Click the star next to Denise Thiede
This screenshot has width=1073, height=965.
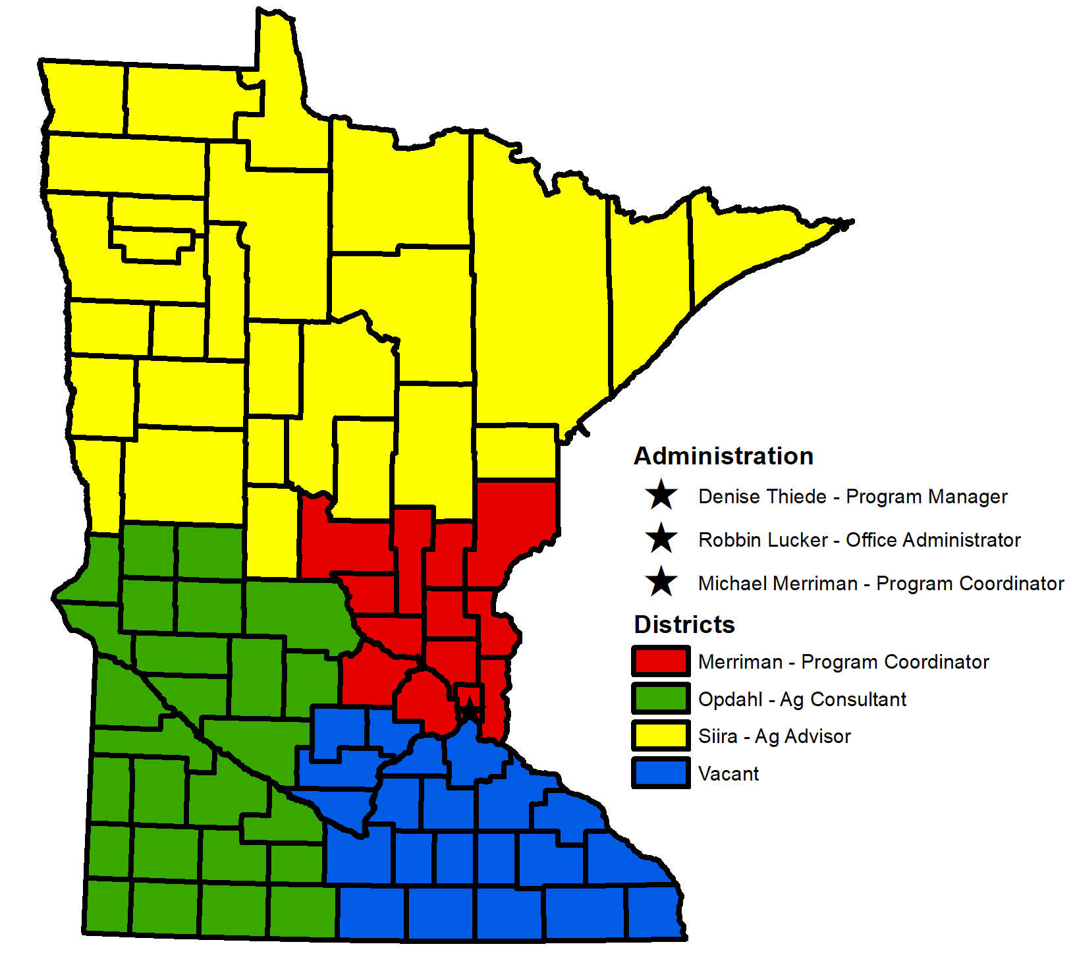(661, 495)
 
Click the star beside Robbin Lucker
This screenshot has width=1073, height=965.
(661, 539)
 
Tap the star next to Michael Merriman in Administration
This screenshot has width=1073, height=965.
(661, 582)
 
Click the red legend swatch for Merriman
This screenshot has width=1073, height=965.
(661, 661)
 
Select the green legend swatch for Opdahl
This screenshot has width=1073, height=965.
(661, 698)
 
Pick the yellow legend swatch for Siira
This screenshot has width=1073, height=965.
(661, 736)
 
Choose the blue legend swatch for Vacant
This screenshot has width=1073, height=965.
(661, 773)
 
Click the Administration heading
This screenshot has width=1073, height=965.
(723, 456)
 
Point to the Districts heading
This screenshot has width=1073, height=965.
(684, 624)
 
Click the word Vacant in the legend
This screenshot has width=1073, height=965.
(729, 774)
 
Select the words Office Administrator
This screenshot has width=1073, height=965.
(933, 540)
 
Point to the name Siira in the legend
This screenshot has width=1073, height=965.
(717, 736)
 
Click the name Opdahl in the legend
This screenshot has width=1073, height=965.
(730, 700)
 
